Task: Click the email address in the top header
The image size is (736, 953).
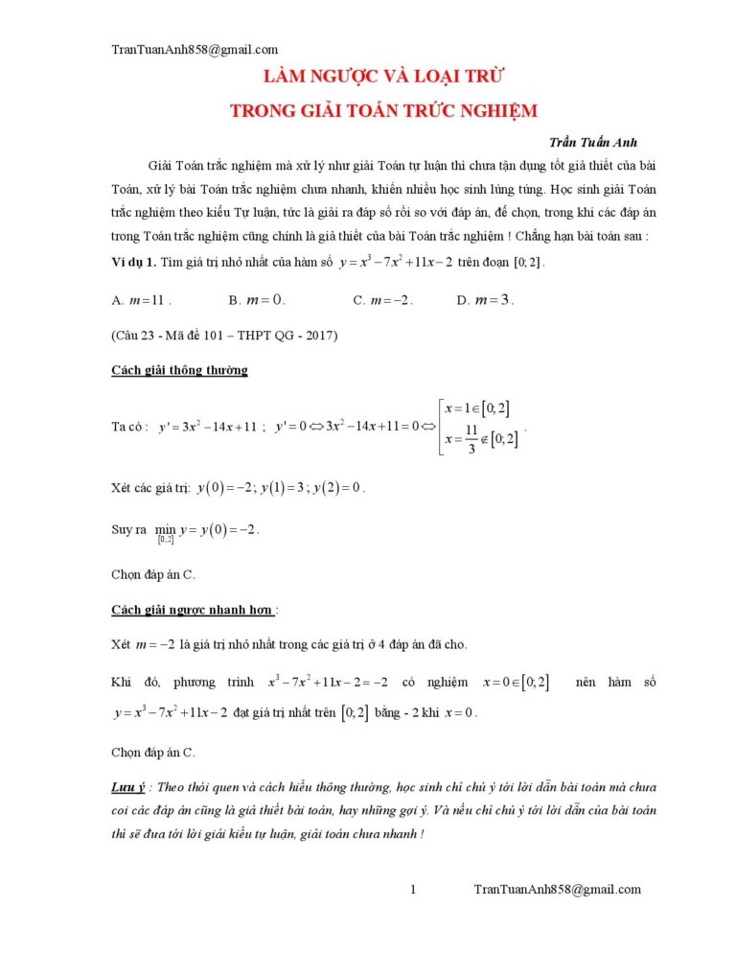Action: (195, 50)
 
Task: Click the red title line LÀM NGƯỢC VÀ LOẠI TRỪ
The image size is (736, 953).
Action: (384, 76)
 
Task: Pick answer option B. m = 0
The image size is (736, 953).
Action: (257, 300)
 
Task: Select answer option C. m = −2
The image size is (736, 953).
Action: (382, 300)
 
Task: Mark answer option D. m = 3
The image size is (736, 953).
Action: (485, 300)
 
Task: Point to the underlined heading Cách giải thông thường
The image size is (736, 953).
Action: (180, 370)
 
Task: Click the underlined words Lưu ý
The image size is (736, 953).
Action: (127, 787)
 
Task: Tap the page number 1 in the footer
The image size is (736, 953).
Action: (413, 890)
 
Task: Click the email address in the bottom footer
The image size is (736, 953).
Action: (558, 890)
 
